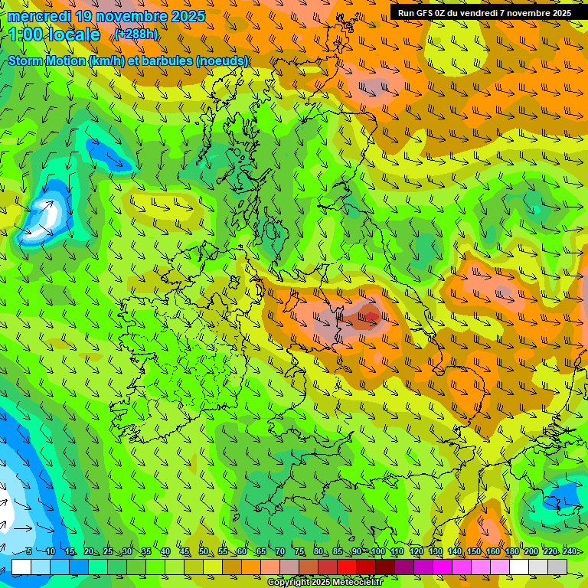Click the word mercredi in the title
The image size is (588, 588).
pyautogui.click(x=40, y=16)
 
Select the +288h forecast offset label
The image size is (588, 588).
pyautogui.click(x=136, y=34)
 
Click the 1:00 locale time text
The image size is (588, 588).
pyautogui.click(x=54, y=34)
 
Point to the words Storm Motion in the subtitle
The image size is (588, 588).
pyautogui.click(x=47, y=60)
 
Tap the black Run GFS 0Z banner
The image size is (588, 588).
pyautogui.click(x=485, y=12)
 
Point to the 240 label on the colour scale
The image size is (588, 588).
pyautogui.click(x=569, y=552)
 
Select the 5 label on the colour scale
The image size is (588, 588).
pyautogui.click(x=29, y=552)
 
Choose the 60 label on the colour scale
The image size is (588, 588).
pyautogui.click(x=242, y=552)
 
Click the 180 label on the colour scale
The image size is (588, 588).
pyautogui.click(x=511, y=552)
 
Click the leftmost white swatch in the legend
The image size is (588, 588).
pyautogui.click(x=21, y=567)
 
